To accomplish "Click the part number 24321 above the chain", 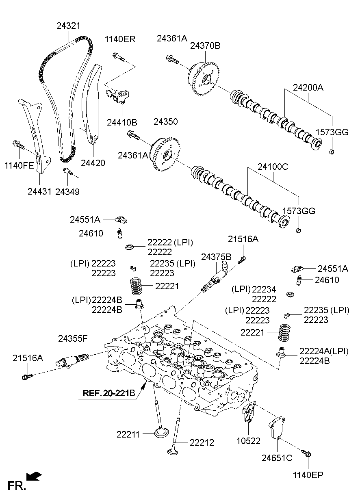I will tap(68, 26).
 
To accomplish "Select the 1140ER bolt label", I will tap(120, 39).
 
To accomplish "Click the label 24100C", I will tap(273, 166).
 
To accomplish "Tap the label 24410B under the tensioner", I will tap(122, 122).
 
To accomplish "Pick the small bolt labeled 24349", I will tap(67, 172).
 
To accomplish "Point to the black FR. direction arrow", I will tap(33, 475).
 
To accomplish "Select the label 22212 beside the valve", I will tap(202, 442).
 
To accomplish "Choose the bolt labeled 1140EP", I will tap(306, 453).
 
